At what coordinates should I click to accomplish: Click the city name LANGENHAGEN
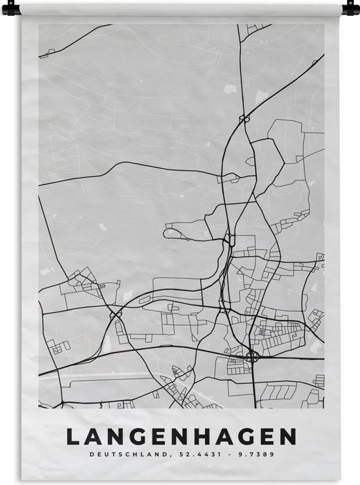181,437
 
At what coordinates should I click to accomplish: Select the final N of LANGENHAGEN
289,437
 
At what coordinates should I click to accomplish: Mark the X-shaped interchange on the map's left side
116,315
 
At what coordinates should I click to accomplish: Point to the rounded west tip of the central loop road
166,232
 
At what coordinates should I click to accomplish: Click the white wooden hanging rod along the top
181,9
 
